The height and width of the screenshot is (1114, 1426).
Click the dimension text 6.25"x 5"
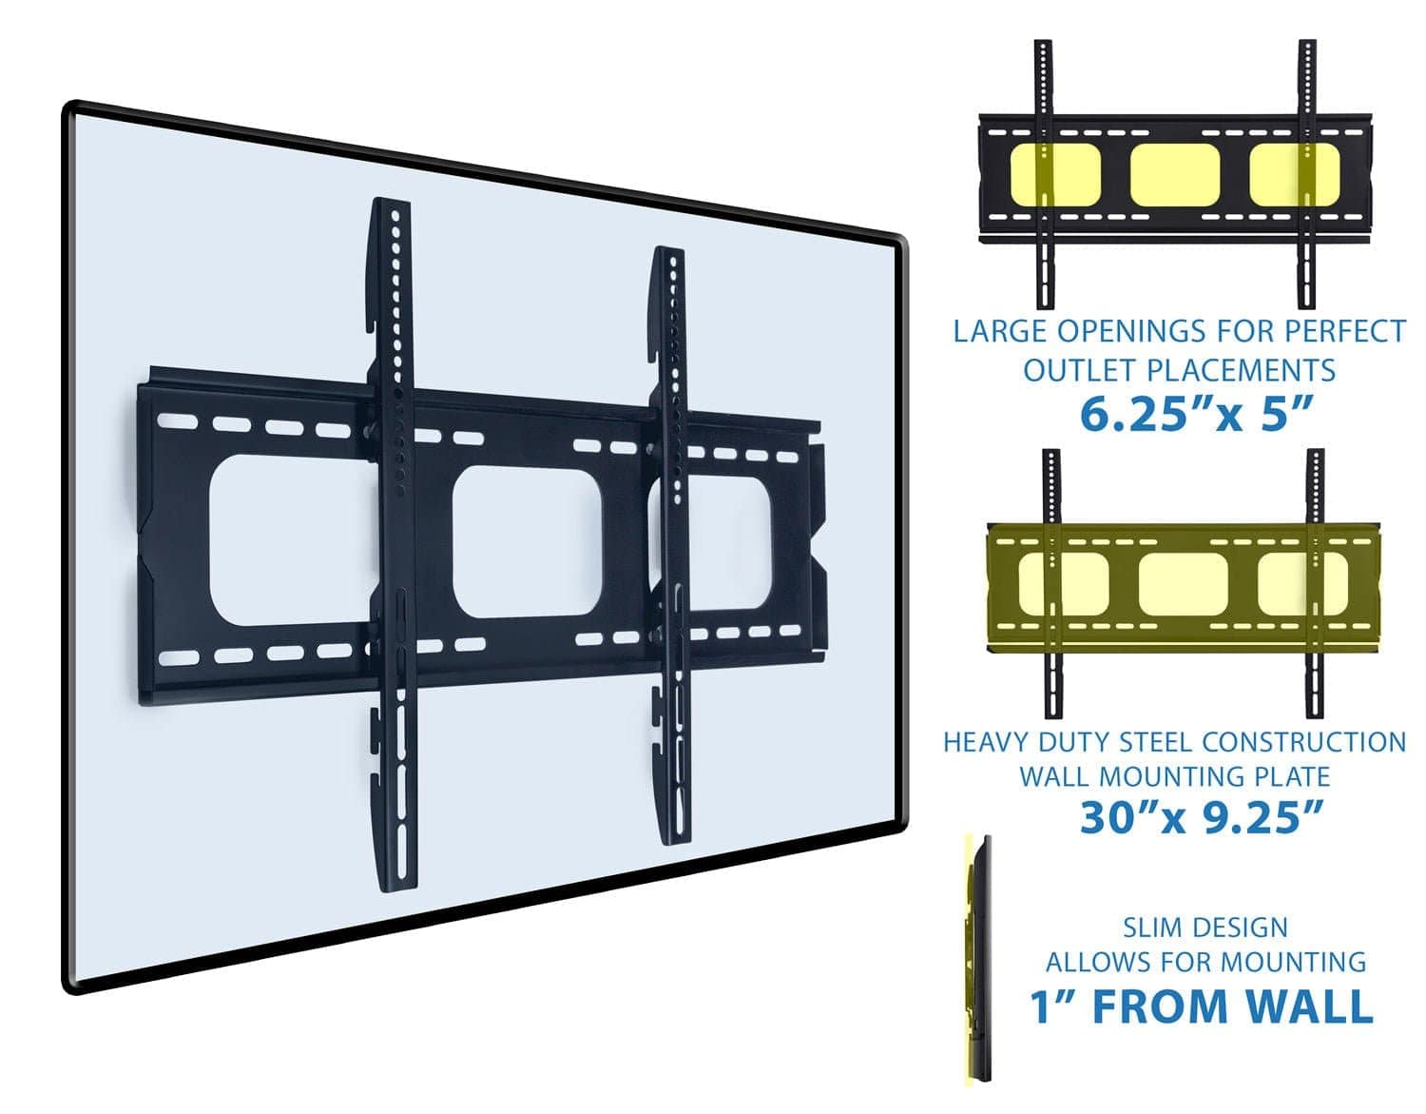coord(1196,414)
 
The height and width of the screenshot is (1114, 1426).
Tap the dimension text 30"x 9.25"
coord(1202,817)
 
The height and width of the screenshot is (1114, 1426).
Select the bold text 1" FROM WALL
coord(1202,1007)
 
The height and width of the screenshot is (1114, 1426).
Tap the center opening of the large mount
coord(527,549)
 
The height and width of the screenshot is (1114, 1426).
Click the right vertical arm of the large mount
coord(671,542)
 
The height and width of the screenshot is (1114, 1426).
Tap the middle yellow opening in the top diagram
coord(1174,175)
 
